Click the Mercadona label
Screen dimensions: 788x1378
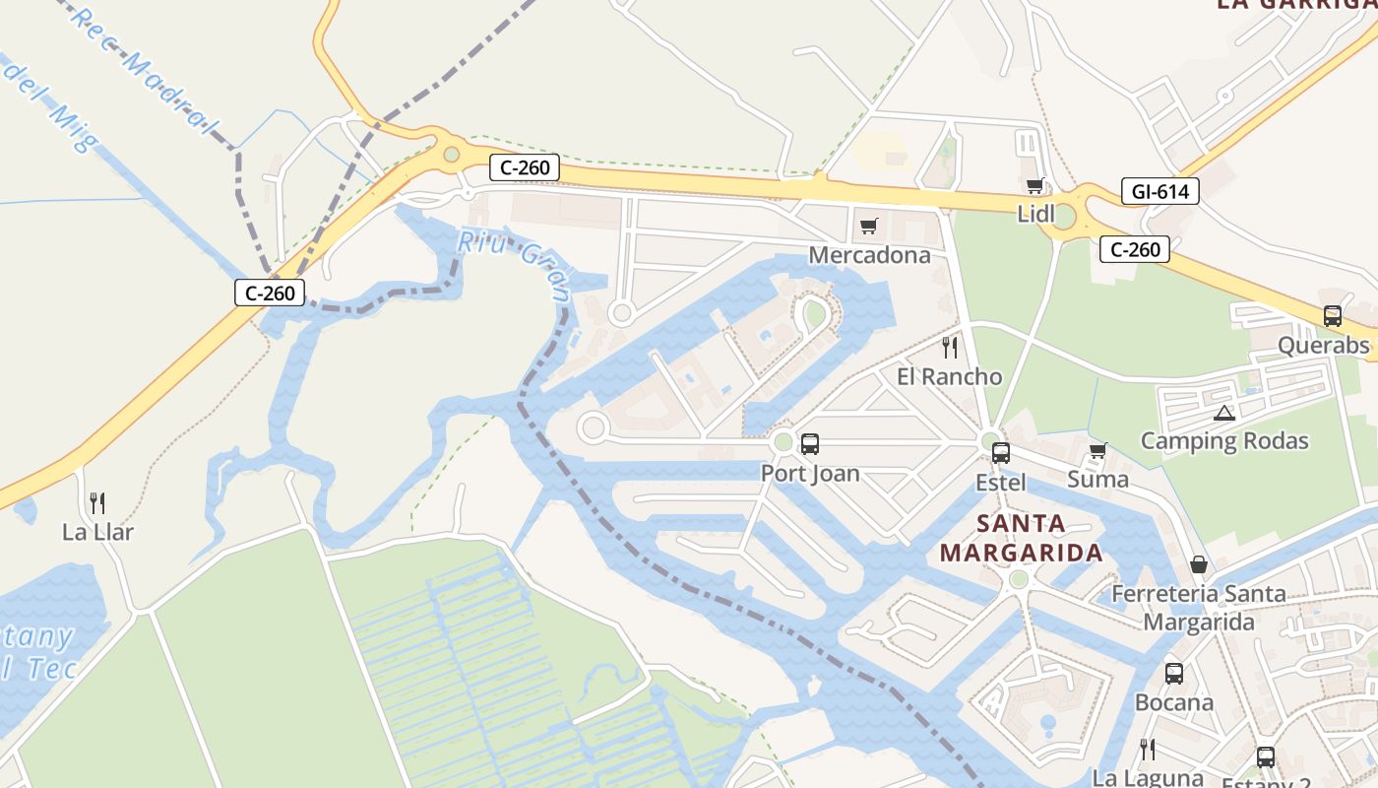tap(869, 256)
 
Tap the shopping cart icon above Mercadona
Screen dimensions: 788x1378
tap(868, 228)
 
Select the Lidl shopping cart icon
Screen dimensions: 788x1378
tap(1034, 186)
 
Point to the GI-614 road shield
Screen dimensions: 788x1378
tap(1159, 191)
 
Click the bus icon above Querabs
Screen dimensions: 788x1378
tap(1332, 316)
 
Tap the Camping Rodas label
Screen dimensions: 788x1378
tap(1223, 440)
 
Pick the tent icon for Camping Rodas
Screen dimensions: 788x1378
tap(1223, 413)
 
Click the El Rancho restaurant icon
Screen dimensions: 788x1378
tap(949, 347)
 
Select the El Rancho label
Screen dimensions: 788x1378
tap(949, 376)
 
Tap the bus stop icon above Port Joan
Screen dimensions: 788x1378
tap(809, 444)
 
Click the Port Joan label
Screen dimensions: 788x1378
tap(810, 474)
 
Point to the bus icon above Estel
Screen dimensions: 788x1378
tap(1000, 453)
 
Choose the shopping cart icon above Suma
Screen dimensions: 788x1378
tap(1098, 450)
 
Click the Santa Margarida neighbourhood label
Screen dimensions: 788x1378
tap(1021, 538)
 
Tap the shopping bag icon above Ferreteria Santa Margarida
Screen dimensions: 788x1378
tap(1199, 564)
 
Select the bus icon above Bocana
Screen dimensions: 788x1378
tap(1173, 674)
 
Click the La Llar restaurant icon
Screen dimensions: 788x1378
tap(97, 503)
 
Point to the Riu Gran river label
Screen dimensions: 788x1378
tap(516, 263)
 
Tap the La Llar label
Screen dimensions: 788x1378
tap(97, 533)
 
